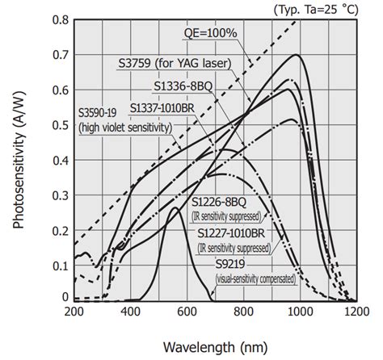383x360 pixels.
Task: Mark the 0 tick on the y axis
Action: pos(63,298)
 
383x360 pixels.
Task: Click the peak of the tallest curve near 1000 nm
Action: pos(298,55)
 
